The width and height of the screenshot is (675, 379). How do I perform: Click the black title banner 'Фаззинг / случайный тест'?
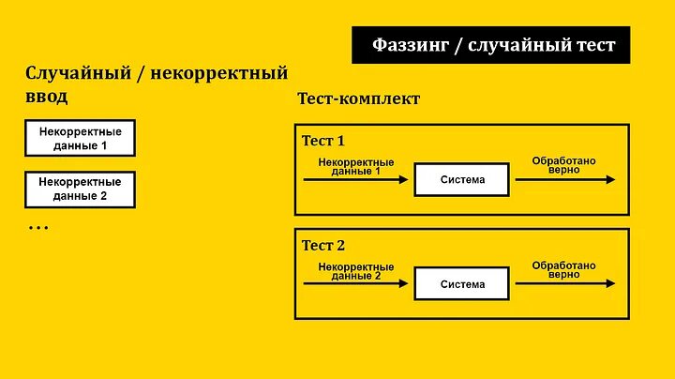(x=490, y=45)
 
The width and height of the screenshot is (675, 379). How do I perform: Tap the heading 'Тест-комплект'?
(x=358, y=99)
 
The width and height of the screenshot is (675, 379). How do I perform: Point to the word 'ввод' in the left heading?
(x=46, y=96)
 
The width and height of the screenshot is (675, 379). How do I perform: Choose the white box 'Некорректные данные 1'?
(x=80, y=139)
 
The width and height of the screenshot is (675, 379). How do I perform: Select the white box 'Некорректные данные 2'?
(x=80, y=189)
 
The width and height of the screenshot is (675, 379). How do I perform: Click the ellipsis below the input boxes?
(x=38, y=228)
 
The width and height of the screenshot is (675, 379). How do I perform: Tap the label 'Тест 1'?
(x=323, y=142)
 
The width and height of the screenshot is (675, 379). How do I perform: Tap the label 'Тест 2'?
(x=323, y=246)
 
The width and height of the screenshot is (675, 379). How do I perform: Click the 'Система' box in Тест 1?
(x=462, y=180)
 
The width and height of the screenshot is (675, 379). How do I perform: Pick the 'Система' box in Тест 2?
(x=462, y=284)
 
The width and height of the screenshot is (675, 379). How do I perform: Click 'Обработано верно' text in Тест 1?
(x=563, y=165)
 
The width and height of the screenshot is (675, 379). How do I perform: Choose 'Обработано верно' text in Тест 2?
(x=563, y=269)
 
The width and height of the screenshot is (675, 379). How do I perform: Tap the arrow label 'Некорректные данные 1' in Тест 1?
(x=356, y=166)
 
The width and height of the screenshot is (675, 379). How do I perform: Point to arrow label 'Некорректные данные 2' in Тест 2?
(x=356, y=271)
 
